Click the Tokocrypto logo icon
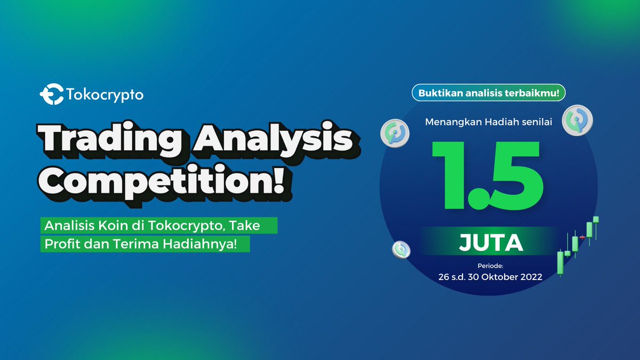pos(52,94)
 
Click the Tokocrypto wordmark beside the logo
pos(105,95)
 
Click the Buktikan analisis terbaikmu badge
pos(489,93)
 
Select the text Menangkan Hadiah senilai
pos(489,122)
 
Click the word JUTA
pos(491,243)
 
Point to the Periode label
pos(490,266)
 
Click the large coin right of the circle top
pos(578,121)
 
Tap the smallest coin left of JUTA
pos(401,250)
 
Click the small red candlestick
pos(582,237)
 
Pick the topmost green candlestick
pos(596,219)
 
